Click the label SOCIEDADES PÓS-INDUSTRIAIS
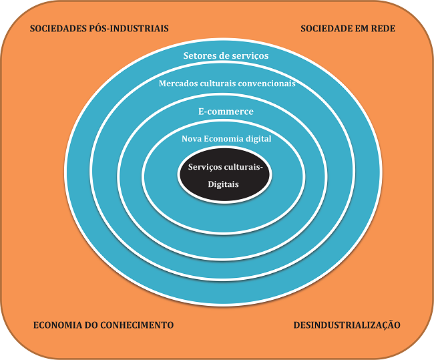[x=99, y=29]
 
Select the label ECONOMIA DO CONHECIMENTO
[x=103, y=325]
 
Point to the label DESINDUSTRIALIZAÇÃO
[x=347, y=325]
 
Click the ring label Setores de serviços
[x=226, y=56]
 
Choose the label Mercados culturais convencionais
[x=226, y=84]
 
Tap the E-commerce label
[x=226, y=112]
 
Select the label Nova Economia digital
[x=226, y=139]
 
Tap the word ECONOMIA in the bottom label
[x=57, y=325]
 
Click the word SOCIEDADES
[x=59, y=29]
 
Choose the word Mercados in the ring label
[x=178, y=84]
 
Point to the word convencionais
[x=266, y=84]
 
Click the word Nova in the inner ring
[x=192, y=139]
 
